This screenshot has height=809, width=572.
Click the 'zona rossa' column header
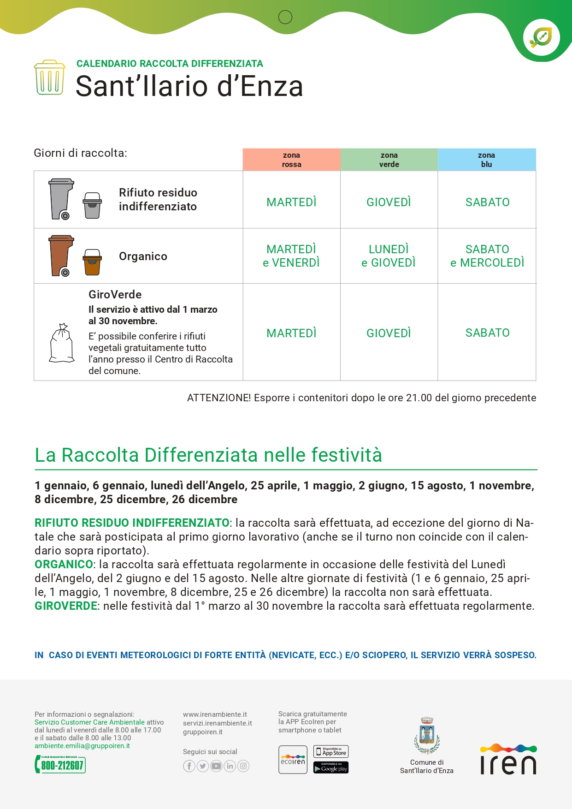coord(291,160)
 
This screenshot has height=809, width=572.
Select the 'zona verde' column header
coord(389,160)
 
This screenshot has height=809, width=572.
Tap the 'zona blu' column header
coord(486,160)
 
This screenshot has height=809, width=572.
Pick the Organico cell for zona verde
coord(389,256)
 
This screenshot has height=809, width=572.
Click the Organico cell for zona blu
coord(487,256)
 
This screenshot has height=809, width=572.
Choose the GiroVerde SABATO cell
coord(487,333)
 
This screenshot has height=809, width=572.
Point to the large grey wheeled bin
coord(61,198)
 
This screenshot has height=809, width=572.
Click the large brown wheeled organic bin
coord(61,255)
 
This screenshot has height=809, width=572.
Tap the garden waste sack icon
coord(62,343)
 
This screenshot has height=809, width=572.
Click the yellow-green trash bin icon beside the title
coord(49,77)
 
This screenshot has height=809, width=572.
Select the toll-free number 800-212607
coord(60,765)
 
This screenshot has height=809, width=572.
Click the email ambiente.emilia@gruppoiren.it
coord(82,746)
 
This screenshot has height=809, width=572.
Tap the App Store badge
coord(331,752)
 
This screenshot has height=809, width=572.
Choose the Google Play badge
coord(331,767)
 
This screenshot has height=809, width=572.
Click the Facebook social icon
coord(189,766)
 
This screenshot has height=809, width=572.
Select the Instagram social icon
coord(243,766)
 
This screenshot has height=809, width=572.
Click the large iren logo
coord(508,760)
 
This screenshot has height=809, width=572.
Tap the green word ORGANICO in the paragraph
coord(64,565)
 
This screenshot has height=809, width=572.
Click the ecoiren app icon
coord(293,760)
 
